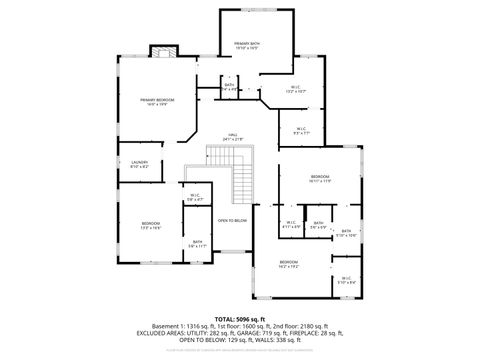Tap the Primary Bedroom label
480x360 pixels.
[158, 102]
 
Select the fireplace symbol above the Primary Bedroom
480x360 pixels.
[162, 51]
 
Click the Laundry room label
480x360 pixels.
[139, 164]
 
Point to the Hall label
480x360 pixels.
[232, 136]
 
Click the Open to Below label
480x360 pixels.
[232, 220]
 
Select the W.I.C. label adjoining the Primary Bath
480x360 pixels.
[296, 89]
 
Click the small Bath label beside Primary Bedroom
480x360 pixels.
[230, 87]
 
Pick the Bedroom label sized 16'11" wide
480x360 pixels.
[320, 178]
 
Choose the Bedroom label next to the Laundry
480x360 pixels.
[151, 225]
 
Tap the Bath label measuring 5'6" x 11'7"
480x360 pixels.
[197, 244]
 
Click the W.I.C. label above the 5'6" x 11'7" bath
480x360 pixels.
[193, 198]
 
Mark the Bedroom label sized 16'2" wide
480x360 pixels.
[290, 264]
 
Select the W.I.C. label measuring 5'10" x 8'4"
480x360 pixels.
[346, 280]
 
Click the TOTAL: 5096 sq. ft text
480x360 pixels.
[239, 317]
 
